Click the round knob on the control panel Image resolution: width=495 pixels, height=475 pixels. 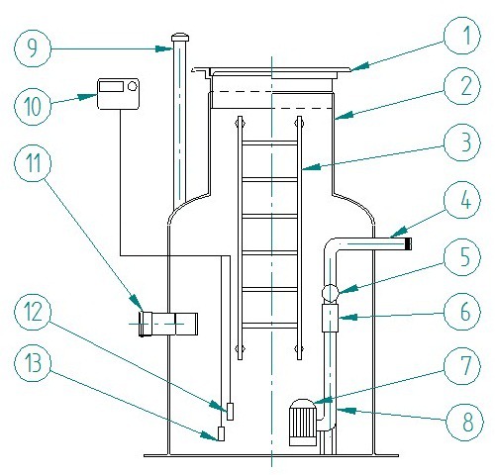click(133, 86)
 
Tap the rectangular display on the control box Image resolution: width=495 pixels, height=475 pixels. click(111, 87)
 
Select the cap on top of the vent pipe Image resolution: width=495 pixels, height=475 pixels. click(180, 37)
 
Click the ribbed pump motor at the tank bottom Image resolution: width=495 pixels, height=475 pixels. click(303, 423)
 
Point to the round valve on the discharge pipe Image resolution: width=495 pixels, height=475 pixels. click(330, 293)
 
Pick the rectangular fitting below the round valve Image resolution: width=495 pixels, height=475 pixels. click(330, 318)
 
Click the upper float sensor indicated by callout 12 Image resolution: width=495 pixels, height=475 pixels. click(230, 412)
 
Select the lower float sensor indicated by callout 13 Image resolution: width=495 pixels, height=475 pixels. click(221, 433)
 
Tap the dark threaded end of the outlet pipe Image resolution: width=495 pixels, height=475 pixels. click(408, 244)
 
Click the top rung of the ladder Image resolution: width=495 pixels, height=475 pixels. click(269, 143)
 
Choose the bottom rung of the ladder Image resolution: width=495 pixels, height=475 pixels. click(269, 326)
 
